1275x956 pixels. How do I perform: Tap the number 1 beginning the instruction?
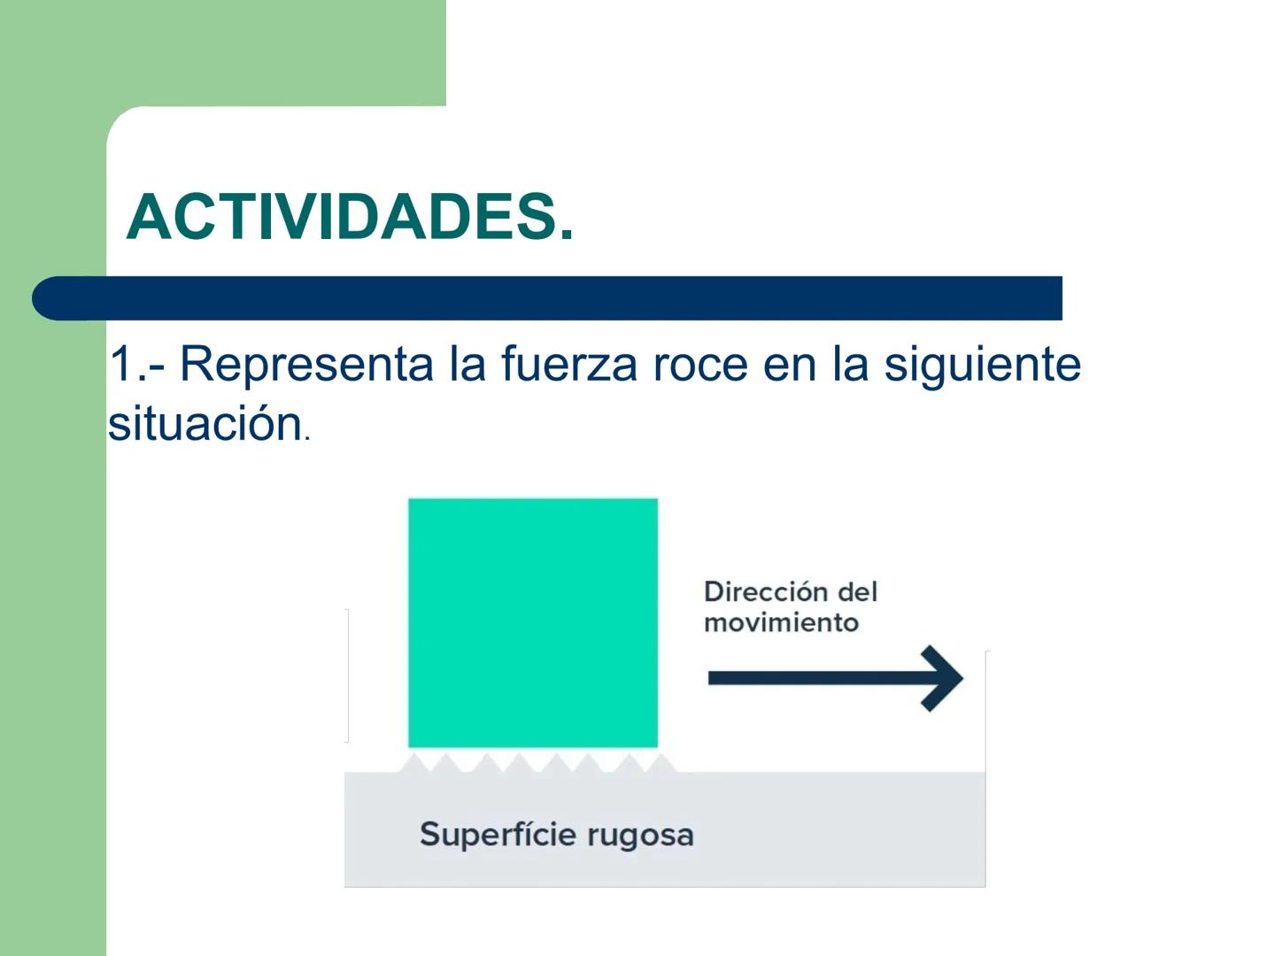point(120,364)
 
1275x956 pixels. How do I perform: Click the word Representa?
point(306,365)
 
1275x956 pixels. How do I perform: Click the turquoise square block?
point(532,622)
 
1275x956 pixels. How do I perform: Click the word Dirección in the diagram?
point(765,591)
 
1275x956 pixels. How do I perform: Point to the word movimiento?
point(781,622)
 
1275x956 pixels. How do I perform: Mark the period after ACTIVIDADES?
point(566,235)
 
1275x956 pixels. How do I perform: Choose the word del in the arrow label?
point(856,591)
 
